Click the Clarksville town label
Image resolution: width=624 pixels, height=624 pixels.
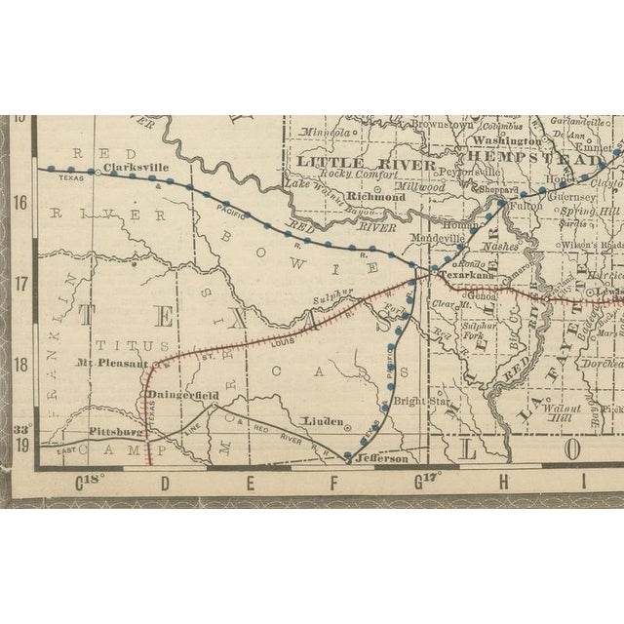pyautogui.click(x=136, y=168)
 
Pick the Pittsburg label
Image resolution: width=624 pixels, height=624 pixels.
pyautogui.click(x=115, y=431)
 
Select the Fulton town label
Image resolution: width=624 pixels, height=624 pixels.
pyautogui.click(x=516, y=205)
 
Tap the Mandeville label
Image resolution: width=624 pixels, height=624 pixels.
pyautogui.click(x=442, y=237)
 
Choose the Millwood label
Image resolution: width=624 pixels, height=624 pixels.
pyautogui.click(x=421, y=187)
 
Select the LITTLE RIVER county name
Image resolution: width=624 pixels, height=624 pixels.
pyautogui.click(x=353, y=161)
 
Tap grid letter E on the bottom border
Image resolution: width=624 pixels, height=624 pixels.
pyautogui.click(x=249, y=481)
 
